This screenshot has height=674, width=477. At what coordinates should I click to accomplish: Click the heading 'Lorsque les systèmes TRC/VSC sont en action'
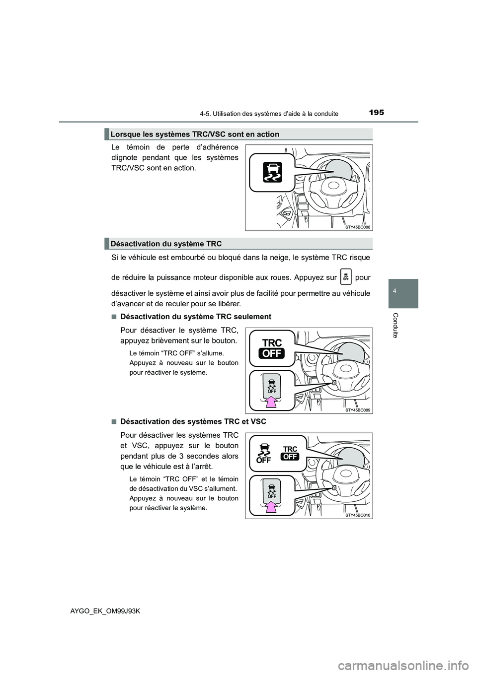coord(195,134)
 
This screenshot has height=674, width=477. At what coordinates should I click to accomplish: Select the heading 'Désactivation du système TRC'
coord(166,243)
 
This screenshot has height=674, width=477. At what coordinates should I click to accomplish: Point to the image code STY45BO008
coord(357,226)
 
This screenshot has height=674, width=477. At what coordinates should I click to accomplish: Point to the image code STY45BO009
coord(357,410)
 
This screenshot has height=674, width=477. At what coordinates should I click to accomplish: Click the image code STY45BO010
coord(357,516)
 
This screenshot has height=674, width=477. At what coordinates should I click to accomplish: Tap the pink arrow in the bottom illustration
coord(271,507)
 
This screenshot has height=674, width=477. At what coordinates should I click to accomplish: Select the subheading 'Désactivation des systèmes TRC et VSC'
coord(193,421)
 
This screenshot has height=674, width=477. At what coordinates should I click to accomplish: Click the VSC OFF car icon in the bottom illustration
coord(264,452)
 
